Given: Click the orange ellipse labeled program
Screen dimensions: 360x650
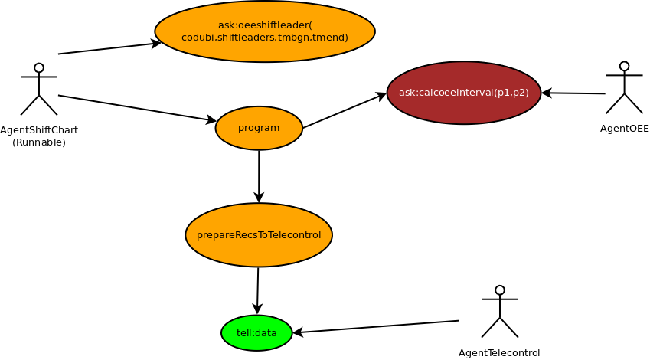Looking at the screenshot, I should (x=259, y=128).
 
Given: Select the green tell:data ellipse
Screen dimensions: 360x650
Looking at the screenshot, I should (x=256, y=332).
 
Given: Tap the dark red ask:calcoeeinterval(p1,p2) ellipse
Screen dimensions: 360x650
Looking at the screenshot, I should (x=464, y=93).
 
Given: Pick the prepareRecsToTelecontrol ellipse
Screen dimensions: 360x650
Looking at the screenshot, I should (x=259, y=234).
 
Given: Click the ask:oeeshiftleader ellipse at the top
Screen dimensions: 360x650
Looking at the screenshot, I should (x=265, y=31).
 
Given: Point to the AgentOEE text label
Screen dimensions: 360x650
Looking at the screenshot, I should (x=624, y=128).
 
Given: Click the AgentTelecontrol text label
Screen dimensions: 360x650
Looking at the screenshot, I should (x=499, y=352).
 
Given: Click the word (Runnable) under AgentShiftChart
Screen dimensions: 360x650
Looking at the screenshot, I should (x=39, y=142).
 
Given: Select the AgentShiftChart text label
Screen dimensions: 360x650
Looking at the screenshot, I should (x=39, y=130).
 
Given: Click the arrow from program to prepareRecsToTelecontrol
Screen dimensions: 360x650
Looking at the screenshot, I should (x=259, y=176).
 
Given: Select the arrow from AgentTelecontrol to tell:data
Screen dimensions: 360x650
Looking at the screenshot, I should (x=375, y=327).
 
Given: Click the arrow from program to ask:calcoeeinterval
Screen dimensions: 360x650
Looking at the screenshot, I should (x=345, y=111).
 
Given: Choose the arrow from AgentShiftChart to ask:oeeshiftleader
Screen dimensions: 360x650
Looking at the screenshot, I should (x=109, y=48).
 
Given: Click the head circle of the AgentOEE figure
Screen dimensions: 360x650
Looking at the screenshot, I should (x=624, y=67).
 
